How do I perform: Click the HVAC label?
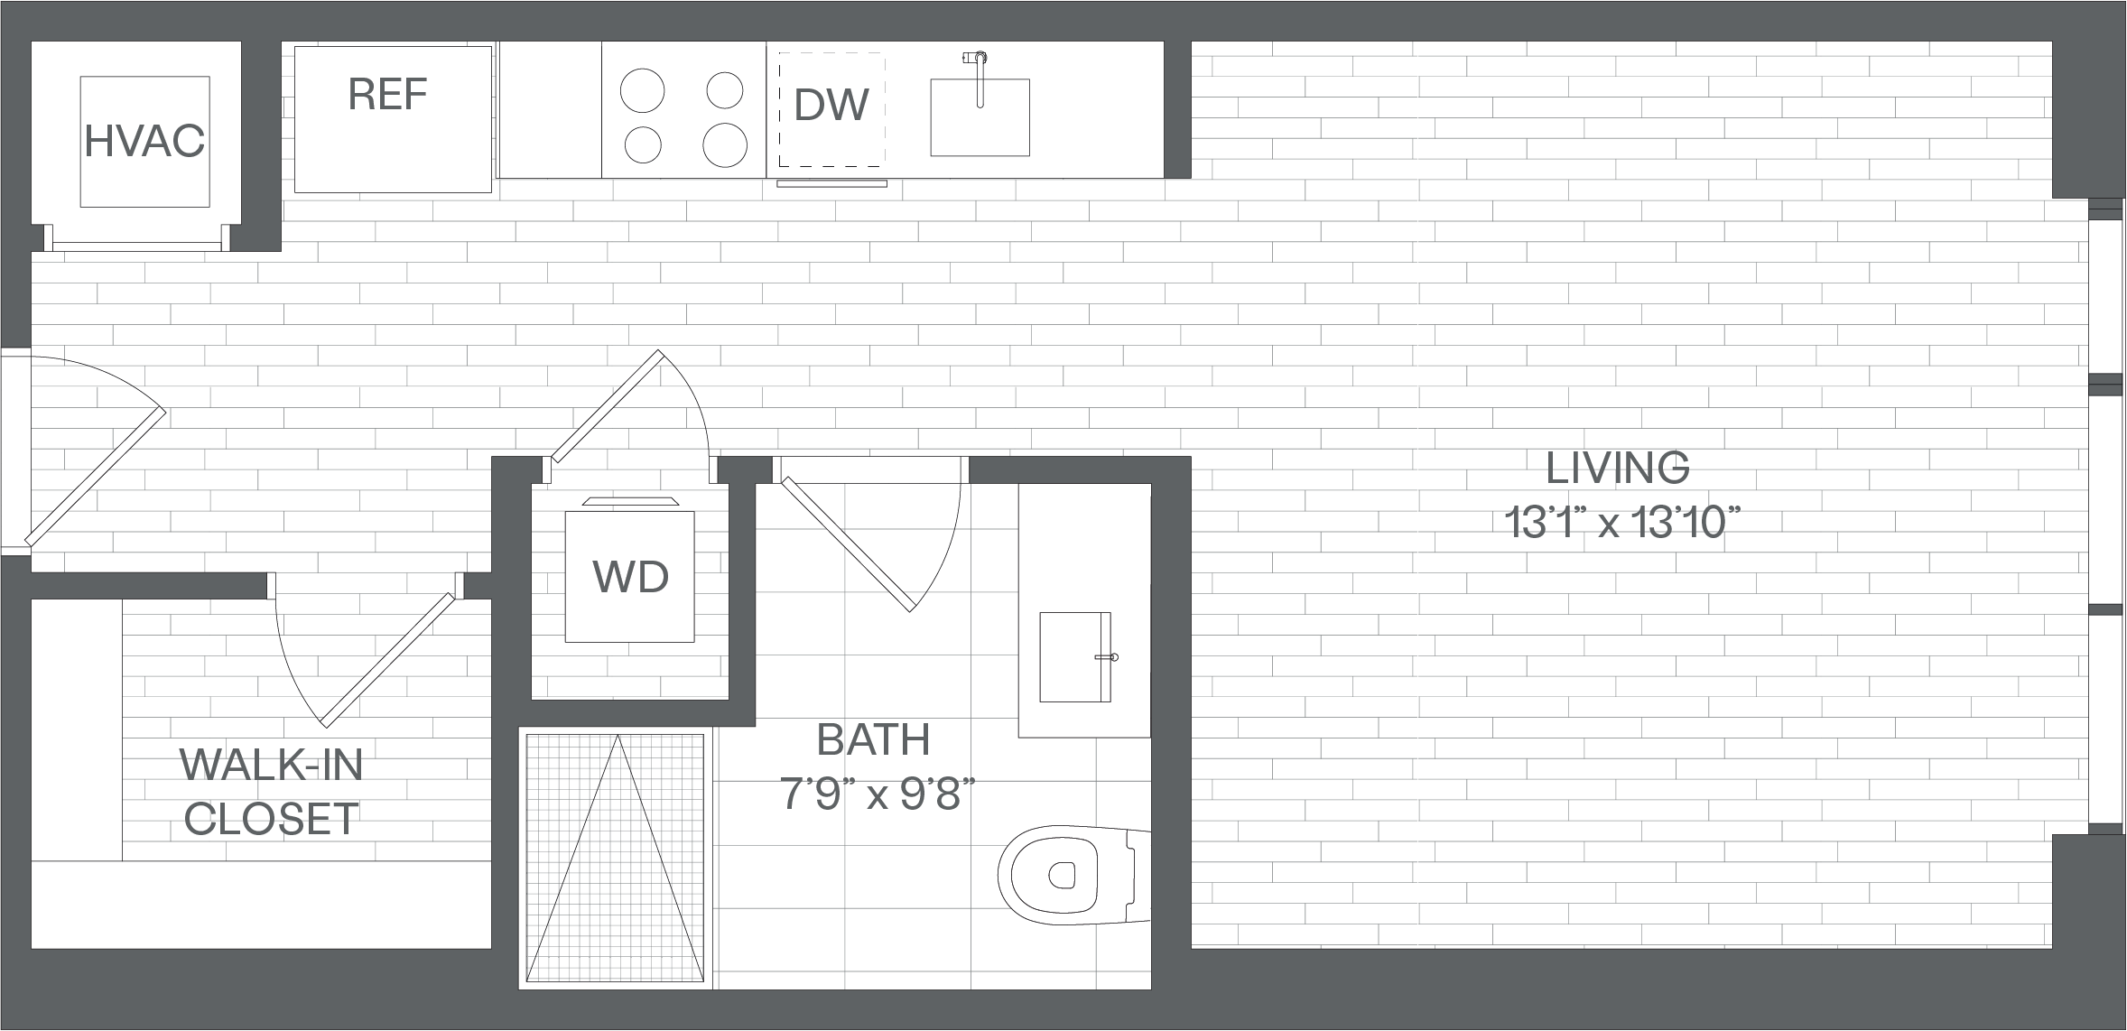(x=144, y=141)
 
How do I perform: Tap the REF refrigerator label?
(x=388, y=94)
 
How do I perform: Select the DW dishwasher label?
(x=831, y=105)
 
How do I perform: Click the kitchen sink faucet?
(x=978, y=79)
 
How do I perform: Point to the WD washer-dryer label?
(x=630, y=576)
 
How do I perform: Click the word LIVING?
(x=1618, y=468)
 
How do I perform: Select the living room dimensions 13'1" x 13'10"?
(x=1621, y=522)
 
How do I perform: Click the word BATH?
(x=873, y=740)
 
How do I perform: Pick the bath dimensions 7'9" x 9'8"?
(x=878, y=795)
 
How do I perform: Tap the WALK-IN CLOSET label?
(x=272, y=792)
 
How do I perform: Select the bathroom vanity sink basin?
(x=1075, y=656)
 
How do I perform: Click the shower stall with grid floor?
(x=615, y=858)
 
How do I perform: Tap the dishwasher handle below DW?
(x=832, y=183)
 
